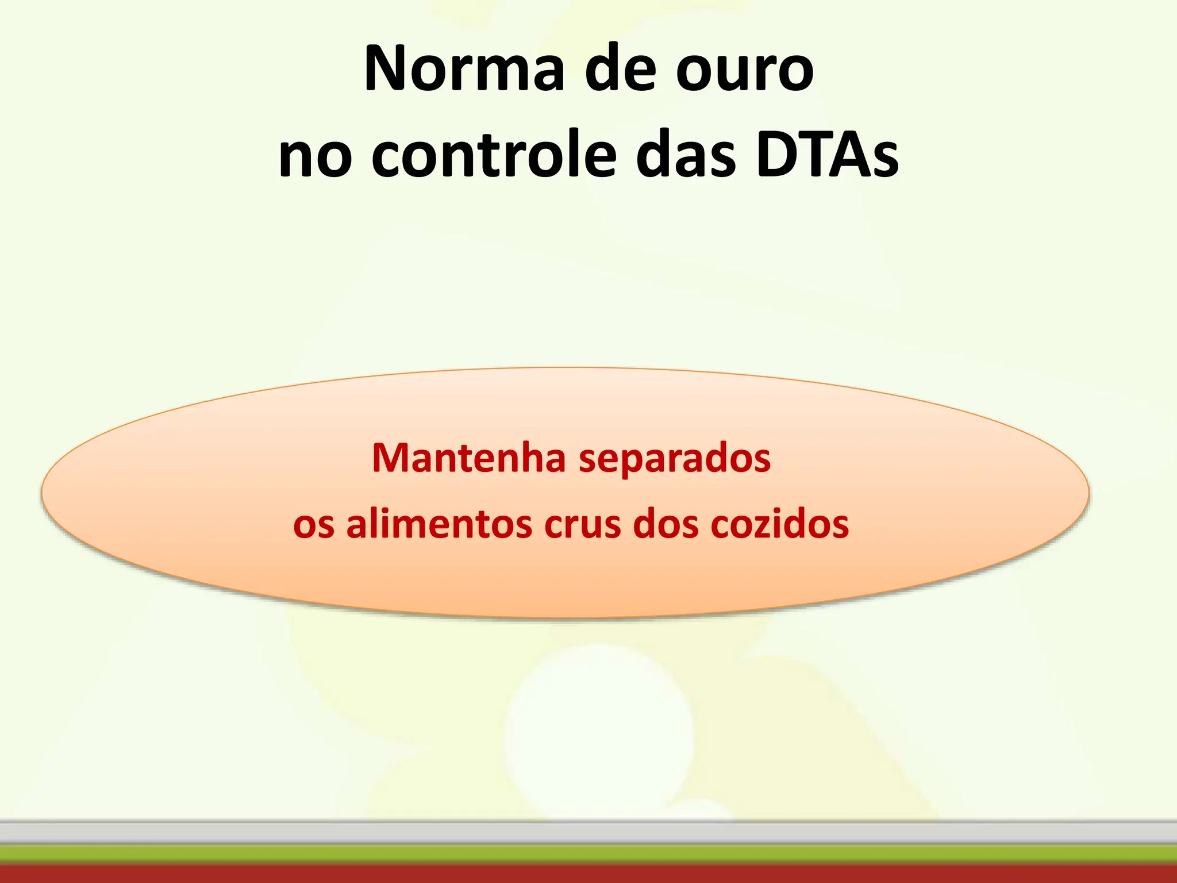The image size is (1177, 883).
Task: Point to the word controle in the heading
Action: (x=494, y=155)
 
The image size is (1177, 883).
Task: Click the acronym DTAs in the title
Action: (x=828, y=154)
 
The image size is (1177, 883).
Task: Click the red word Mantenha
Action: (x=468, y=458)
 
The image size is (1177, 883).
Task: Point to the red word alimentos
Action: (x=439, y=524)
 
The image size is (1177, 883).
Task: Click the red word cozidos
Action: (x=779, y=524)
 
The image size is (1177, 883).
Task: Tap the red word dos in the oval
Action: (x=666, y=524)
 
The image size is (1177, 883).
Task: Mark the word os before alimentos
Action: (x=313, y=526)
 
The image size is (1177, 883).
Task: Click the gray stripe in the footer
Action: (x=588, y=833)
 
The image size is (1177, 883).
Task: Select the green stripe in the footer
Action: (x=588, y=854)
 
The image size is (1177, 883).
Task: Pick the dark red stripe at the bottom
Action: (x=588, y=874)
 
